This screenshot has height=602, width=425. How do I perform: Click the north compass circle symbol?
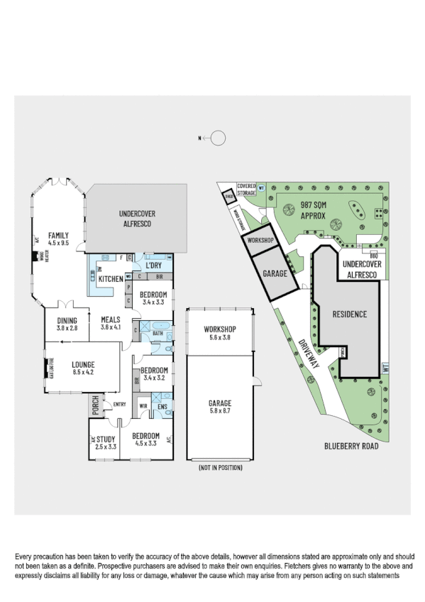[x=218, y=138]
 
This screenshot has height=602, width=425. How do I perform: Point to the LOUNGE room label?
[x=82, y=367]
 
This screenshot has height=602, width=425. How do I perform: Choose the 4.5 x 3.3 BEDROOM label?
[x=145, y=440]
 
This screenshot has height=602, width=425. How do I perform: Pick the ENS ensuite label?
[x=162, y=407]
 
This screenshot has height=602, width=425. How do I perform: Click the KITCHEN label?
[x=111, y=279]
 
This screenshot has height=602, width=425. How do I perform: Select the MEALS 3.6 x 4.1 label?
[x=110, y=324]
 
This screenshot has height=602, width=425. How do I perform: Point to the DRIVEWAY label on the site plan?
[x=309, y=351]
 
